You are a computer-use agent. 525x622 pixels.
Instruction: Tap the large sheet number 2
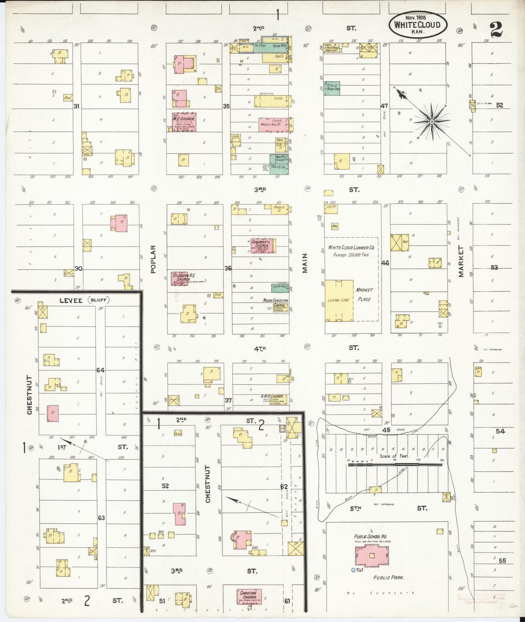(x=496, y=29)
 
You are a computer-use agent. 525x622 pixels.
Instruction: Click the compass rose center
(x=432, y=121)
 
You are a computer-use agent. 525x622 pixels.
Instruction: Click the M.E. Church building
(x=184, y=122)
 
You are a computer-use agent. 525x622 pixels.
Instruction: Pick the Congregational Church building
(x=262, y=246)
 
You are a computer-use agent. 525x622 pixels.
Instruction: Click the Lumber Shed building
(x=339, y=300)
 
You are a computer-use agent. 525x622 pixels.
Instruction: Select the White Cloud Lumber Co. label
(x=351, y=247)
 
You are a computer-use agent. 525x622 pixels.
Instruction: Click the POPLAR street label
(x=153, y=259)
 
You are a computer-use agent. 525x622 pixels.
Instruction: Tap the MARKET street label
(x=461, y=261)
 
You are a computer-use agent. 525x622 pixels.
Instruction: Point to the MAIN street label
(x=305, y=263)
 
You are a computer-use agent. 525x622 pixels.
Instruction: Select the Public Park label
(x=388, y=577)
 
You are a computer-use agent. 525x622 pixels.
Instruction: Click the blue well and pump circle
(x=353, y=570)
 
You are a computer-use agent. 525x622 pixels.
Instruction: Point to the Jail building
(x=335, y=226)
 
